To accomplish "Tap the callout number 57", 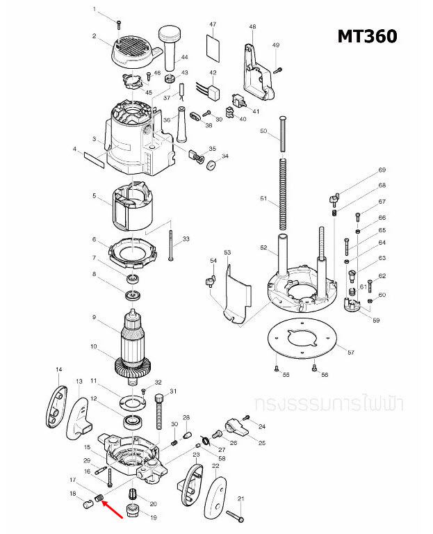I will point(350,353).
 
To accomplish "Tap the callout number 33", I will point(186,239).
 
